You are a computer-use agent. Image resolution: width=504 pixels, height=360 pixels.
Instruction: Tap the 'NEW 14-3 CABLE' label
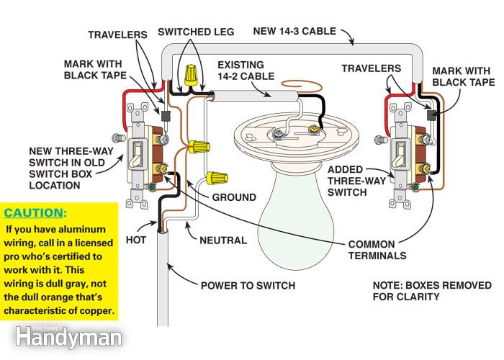click(296, 31)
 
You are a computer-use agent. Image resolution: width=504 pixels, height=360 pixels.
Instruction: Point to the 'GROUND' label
click(233, 197)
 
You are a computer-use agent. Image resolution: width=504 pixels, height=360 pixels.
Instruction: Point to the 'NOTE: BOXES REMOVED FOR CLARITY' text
click(422, 291)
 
